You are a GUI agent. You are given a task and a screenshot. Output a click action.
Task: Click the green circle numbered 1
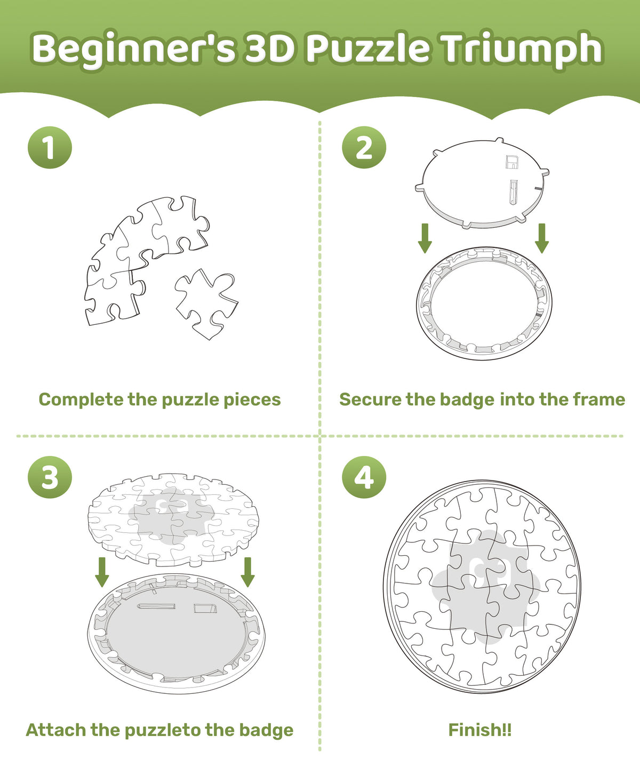[50, 148]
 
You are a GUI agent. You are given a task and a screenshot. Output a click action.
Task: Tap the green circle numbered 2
[364, 148]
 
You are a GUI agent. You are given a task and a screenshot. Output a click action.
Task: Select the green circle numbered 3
[50, 477]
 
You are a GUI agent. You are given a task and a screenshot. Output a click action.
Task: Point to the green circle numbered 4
[364, 477]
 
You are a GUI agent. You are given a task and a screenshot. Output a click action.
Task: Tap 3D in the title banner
[270, 48]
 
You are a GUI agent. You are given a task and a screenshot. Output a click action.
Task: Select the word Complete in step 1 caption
[81, 400]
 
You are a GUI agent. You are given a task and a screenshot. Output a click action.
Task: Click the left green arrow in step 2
[425, 238]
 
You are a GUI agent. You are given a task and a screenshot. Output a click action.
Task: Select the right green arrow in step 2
[542, 238]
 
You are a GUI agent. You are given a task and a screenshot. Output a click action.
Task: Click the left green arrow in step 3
[102, 572]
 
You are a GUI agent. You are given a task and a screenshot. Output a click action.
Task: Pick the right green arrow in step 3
[247, 572]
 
